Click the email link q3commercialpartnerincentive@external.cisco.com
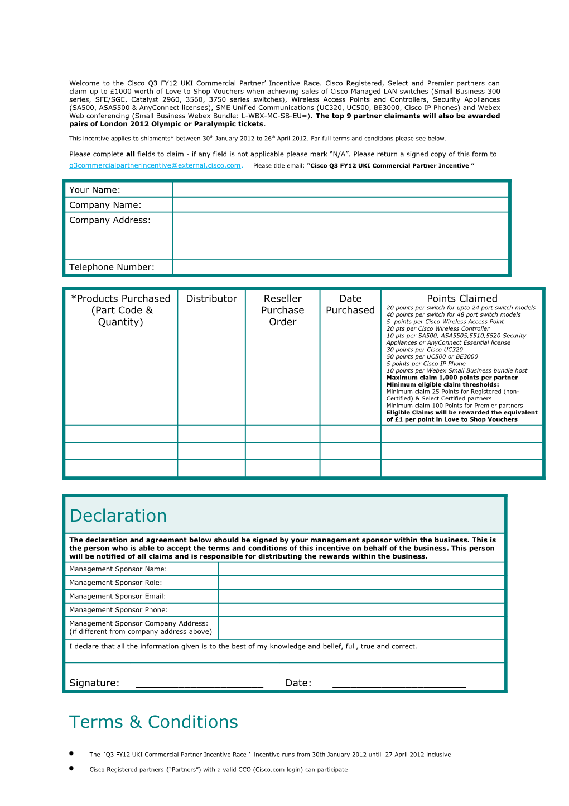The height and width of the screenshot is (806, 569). tap(155, 165)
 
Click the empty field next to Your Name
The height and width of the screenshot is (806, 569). tap(340, 190)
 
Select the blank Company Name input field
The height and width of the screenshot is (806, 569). tap(340, 205)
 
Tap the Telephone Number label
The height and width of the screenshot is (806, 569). tap(112, 267)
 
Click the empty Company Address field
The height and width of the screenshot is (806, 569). tap(340, 235)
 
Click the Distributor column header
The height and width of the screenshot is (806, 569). tap(211, 299)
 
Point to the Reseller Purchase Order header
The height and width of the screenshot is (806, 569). tap(283, 310)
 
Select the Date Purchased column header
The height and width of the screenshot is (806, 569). tap(350, 304)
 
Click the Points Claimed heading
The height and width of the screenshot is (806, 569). tap(462, 299)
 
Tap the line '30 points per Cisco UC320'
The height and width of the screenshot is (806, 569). tap(425, 350)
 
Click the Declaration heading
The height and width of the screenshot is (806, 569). tap(118, 516)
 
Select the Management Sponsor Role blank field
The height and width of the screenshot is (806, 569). tap(361, 583)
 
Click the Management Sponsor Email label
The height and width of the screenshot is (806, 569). tap(117, 596)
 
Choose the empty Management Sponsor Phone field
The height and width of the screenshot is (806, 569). tap(361, 610)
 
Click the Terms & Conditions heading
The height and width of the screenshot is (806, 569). tap(153, 722)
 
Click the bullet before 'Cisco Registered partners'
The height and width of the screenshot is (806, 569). tap(71, 769)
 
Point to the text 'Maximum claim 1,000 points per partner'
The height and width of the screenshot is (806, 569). tap(452, 378)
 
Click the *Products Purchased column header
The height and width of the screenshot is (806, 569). tap(120, 310)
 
